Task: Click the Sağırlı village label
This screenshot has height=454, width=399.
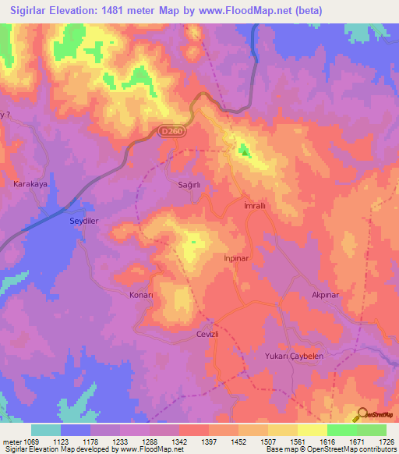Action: [x=190, y=185]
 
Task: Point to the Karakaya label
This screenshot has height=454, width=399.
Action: [x=31, y=184]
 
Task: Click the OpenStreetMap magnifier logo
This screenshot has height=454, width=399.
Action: [x=361, y=416]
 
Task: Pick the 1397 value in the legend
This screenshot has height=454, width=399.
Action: [x=210, y=442]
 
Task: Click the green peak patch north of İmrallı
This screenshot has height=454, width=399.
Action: [x=245, y=150]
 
